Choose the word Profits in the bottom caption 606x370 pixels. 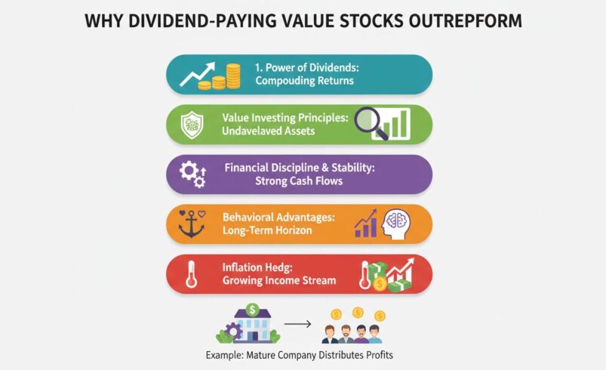point(377,354)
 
